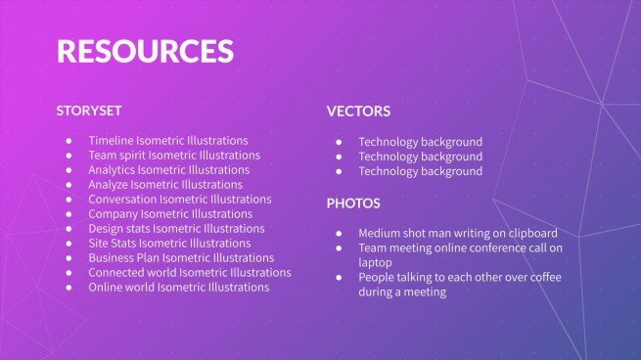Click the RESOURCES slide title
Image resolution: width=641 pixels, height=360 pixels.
point(145,51)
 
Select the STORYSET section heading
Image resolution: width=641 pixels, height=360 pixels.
point(89,111)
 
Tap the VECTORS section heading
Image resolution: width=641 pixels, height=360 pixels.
point(358,112)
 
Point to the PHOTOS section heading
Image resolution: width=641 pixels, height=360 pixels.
point(353,203)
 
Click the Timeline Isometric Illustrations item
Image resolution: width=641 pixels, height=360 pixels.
point(167,141)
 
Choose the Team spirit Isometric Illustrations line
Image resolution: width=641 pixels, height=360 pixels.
point(173,155)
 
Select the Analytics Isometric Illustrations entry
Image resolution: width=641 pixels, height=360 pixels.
point(168,169)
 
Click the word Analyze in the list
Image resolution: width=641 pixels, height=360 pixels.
point(109,184)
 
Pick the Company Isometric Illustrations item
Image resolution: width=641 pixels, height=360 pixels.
point(169,213)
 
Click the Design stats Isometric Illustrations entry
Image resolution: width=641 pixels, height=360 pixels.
point(176,228)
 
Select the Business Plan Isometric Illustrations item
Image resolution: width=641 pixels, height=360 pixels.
point(180,257)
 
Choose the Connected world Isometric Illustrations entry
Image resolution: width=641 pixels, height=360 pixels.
point(189,272)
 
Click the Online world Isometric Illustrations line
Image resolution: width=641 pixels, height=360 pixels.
point(178,287)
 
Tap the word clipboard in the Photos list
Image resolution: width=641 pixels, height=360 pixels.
point(529,233)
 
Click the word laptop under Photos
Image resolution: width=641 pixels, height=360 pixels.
point(375,262)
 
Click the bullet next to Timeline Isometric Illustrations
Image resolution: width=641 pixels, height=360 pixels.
point(69,141)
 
